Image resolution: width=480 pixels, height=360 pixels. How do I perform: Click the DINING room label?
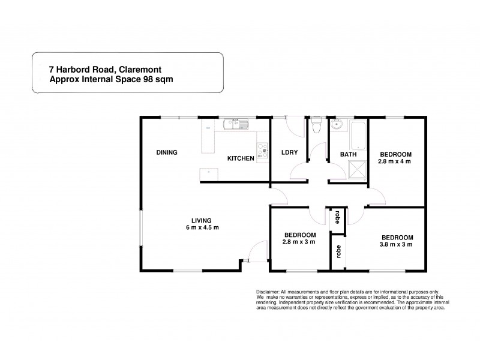(x=166, y=152)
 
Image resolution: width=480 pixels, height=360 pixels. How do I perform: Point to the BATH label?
(x=349, y=154)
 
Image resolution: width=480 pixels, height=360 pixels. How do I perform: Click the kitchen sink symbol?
(x=236, y=125)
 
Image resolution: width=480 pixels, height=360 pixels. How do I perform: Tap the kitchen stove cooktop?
(x=262, y=151)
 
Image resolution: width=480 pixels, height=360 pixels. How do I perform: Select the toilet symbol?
(x=316, y=126)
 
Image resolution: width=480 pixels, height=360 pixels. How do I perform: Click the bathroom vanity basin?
(x=338, y=125)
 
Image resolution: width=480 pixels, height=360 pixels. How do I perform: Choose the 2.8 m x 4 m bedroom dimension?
(x=395, y=161)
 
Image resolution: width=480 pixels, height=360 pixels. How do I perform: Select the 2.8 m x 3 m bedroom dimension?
(x=300, y=242)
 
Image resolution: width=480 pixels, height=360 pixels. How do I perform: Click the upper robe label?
(x=337, y=216)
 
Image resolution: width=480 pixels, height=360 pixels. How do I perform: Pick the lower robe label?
(x=337, y=252)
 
